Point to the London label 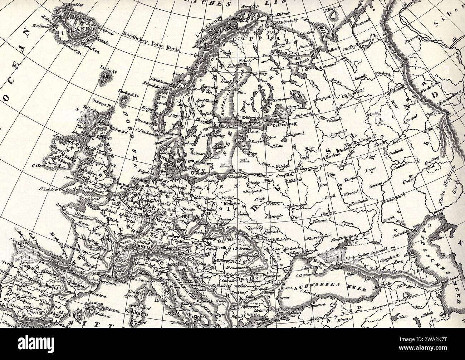pyautogui.click(x=102, y=185)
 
